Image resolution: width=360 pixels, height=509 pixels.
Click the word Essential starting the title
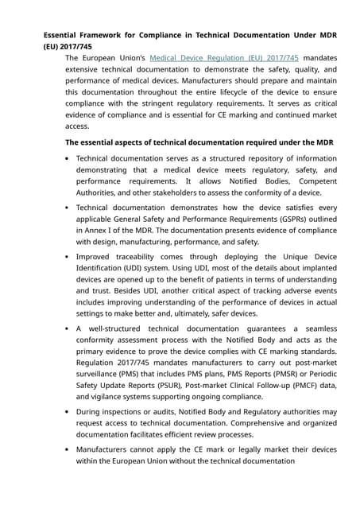pos(64,35)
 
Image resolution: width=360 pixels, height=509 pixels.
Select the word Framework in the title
pos(116,35)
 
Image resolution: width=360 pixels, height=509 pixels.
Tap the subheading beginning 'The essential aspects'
pos(199,142)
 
